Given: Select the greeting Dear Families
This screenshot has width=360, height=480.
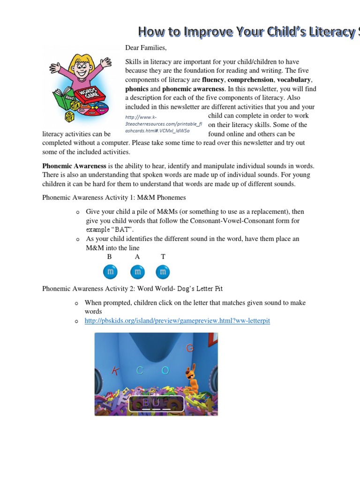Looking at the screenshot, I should [x=146, y=48].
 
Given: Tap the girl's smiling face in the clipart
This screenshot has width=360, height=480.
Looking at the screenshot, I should [x=80, y=71].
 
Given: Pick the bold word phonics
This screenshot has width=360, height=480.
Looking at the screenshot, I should [x=137, y=89].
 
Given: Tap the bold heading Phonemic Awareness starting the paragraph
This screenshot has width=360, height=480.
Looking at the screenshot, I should [x=75, y=166].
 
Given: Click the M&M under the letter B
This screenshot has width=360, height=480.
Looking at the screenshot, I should [x=110, y=271].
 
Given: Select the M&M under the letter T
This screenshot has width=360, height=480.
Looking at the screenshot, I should [x=163, y=271].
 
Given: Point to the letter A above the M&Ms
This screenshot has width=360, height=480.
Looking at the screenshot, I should [x=137, y=257].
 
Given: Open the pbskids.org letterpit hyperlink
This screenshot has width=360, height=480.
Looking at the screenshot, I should [x=177, y=321].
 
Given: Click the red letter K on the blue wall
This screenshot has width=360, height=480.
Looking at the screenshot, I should [x=115, y=371].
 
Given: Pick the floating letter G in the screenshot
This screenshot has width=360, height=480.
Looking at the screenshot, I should [x=190, y=348].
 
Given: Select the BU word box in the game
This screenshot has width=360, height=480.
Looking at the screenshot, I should [x=151, y=403].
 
